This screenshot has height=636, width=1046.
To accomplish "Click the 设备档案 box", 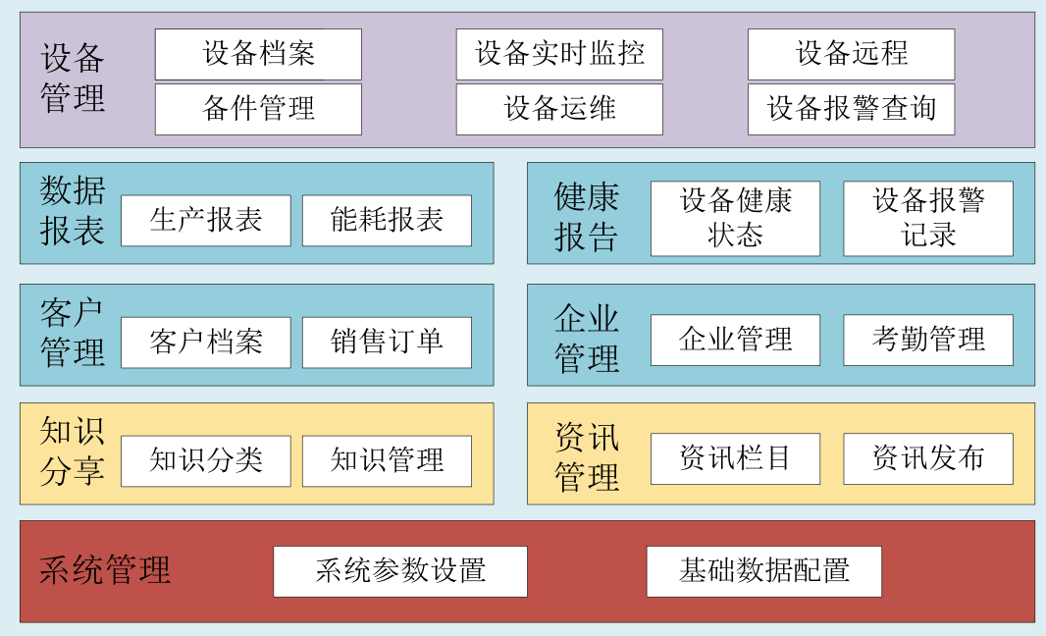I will click(x=258, y=54).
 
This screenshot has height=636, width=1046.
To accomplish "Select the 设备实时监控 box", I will click(x=559, y=54).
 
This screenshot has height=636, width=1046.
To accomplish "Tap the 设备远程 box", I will click(x=851, y=54).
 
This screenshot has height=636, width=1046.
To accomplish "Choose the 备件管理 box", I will click(x=258, y=109).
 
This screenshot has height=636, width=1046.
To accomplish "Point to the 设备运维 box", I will click(x=559, y=109).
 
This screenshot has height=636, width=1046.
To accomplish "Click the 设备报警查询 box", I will click(x=851, y=109).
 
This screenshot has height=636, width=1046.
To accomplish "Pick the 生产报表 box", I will click(x=206, y=221).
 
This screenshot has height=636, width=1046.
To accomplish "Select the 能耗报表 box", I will click(x=387, y=221).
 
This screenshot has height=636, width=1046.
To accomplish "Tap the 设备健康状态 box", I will click(x=735, y=219).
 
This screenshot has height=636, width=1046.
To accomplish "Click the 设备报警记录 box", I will click(x=928, y=219).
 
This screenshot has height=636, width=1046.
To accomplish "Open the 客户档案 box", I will click(x=206, y=343).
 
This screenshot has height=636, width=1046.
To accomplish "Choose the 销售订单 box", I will click(x=387, y=343).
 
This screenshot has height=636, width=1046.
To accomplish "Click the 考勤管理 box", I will click(x=928, y=341).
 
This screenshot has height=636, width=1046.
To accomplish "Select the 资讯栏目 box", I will click(x=735, y=458).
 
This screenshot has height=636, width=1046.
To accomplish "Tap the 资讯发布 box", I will click(x=928, y=458).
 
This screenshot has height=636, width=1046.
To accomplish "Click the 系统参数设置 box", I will click(x=400, y=571).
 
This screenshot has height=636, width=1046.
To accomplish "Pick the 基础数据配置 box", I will click(x=763, y=571).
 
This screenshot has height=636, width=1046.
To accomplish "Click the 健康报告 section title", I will click(x=587, y=216).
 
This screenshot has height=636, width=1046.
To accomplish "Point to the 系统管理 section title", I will click(x=105, y=570).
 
